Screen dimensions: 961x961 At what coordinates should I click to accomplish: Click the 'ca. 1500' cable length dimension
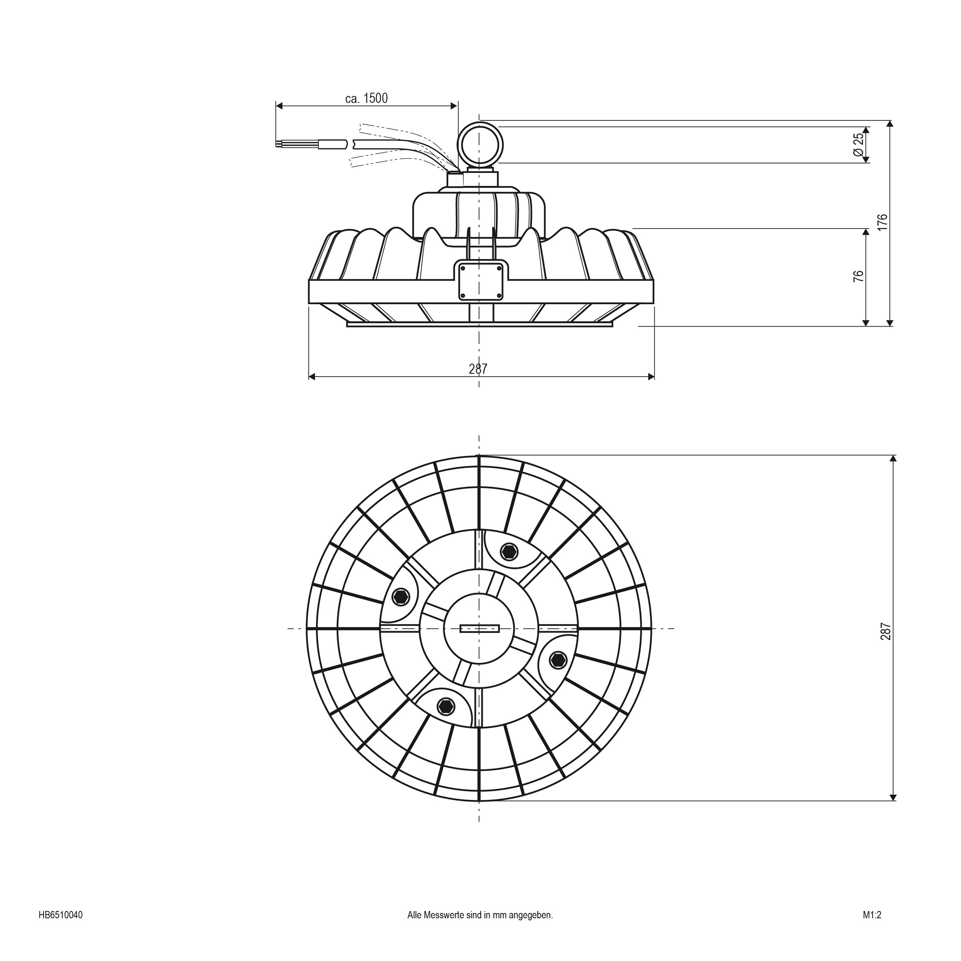(366, 98)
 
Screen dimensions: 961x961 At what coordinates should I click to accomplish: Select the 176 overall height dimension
(882, 222)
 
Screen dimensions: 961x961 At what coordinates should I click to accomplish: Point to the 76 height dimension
(859, 277)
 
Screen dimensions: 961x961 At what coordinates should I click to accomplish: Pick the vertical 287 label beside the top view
(886, 631)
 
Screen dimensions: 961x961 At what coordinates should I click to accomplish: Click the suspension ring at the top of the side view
(480, 145)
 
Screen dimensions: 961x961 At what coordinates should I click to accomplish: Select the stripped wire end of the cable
(280, 145)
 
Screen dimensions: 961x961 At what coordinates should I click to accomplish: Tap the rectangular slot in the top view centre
(479, 629)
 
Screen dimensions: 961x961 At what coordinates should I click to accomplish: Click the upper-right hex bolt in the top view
(509, 551)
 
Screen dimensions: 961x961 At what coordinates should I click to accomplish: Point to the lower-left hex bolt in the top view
(446, 706)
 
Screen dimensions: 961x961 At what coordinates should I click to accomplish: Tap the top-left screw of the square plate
(462, 268)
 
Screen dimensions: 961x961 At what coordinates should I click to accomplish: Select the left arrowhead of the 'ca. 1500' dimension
(279, 105)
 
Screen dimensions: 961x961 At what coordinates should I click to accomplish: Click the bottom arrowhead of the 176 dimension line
(890, 323)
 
